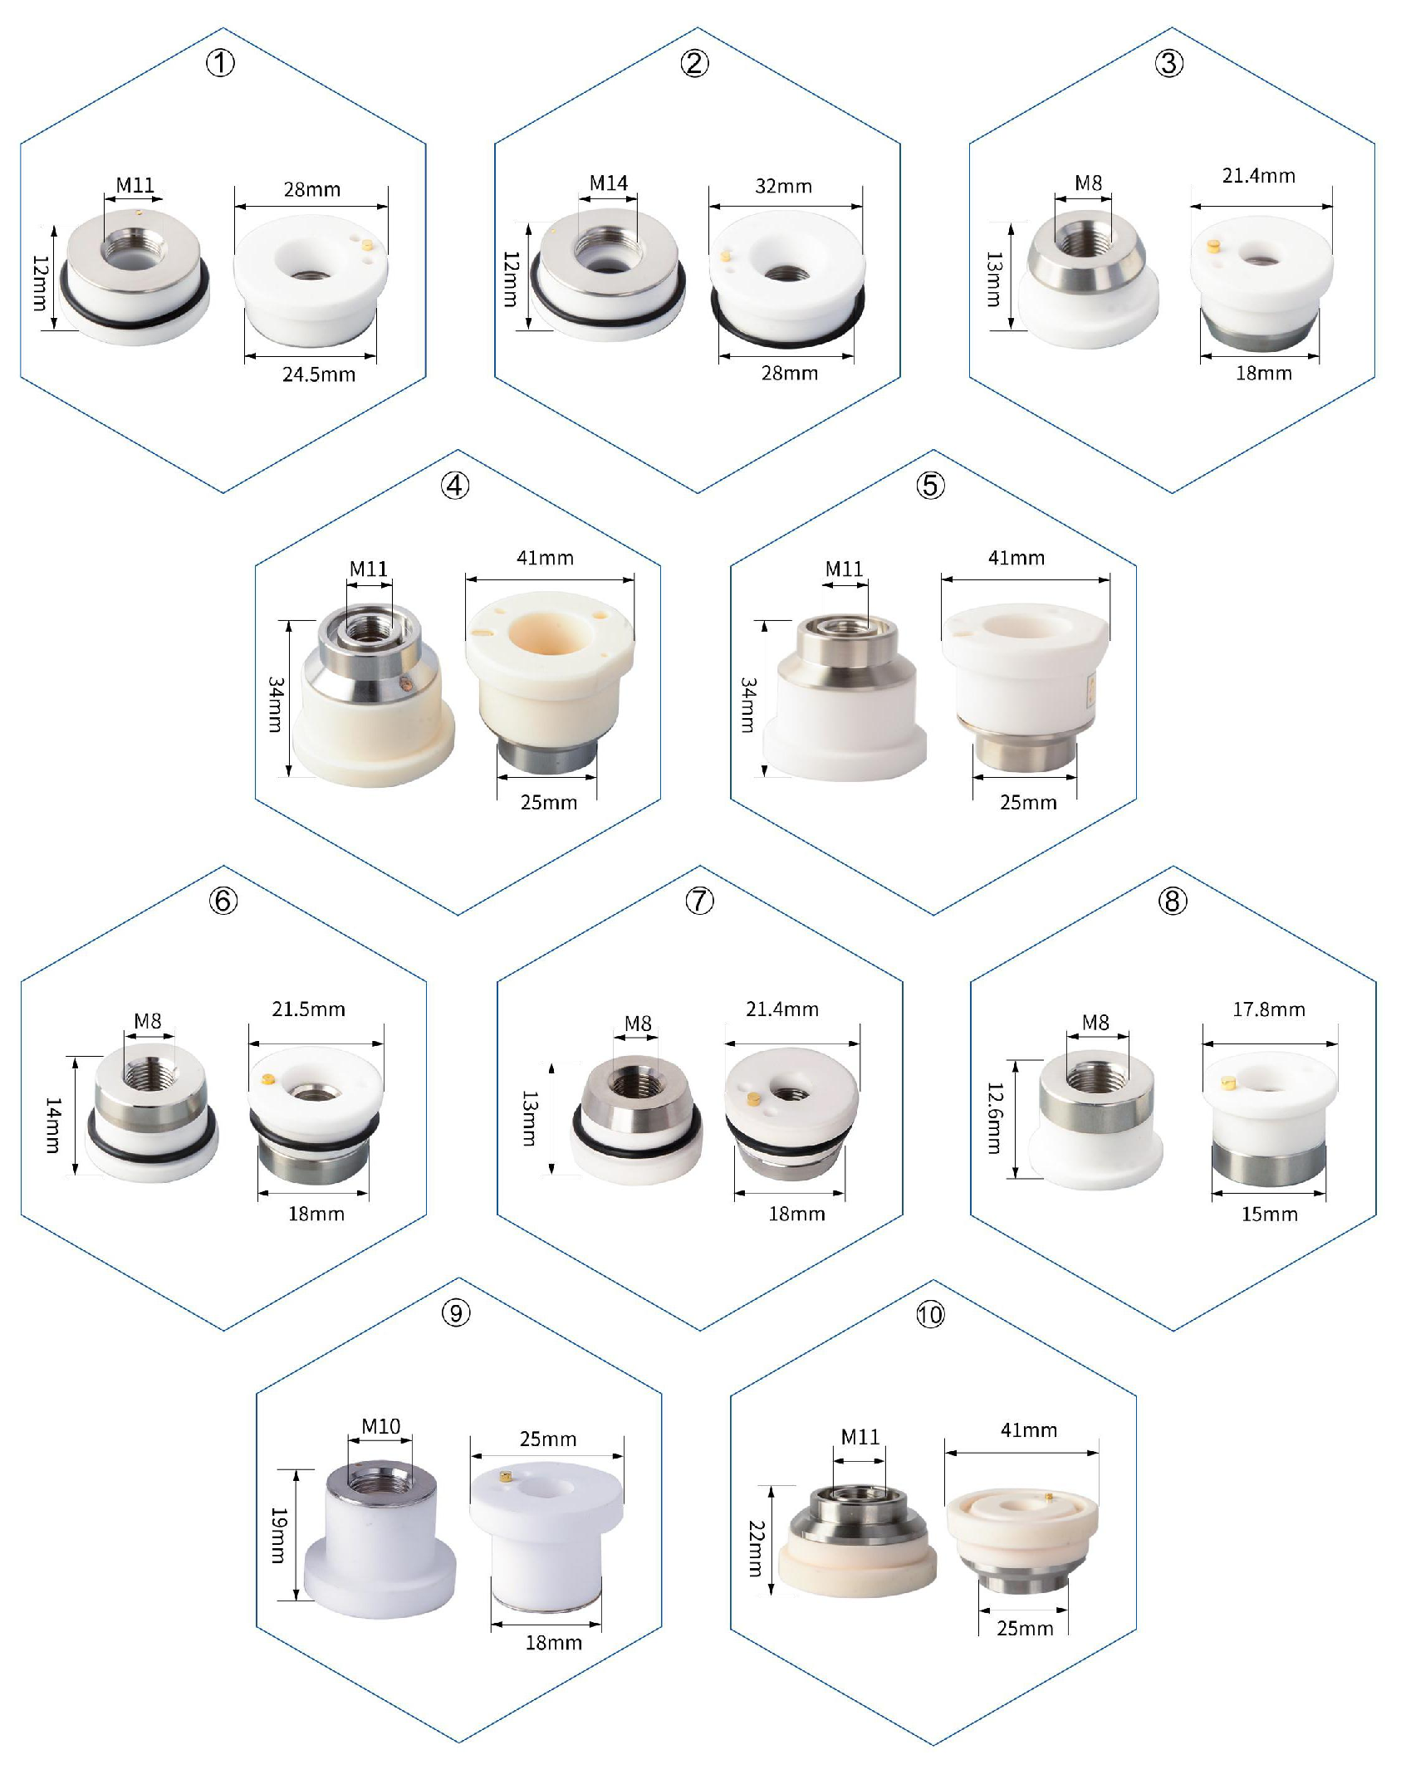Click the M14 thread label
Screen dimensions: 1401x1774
609,183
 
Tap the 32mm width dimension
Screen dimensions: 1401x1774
783,186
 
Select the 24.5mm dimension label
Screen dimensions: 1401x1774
319,374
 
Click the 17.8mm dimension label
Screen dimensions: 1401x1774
1269,1009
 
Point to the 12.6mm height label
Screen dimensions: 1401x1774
994,1117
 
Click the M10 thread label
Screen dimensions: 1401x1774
381,1426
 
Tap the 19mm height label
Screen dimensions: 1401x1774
278,1535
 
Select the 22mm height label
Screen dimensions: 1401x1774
756,1548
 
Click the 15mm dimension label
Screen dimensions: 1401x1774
1269,1214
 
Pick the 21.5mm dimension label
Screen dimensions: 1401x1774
308,1009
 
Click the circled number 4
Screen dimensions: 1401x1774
455,485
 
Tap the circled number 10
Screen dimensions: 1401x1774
930,1314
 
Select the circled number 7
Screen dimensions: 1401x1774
699,901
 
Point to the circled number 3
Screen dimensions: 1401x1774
1169,63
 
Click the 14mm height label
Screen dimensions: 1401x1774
52,1125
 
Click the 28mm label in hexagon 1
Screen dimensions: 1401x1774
312,189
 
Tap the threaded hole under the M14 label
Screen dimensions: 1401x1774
606,247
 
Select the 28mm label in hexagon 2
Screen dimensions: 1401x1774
790,374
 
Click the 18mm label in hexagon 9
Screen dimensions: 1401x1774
554,1643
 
